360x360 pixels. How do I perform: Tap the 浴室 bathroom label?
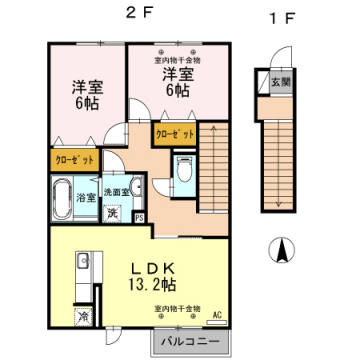pyautogui.click(x=87, y=197)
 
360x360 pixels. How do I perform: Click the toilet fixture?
pyautogui.click(x=183, y=169)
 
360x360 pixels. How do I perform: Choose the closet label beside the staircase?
pyautogui.click(x=173, y=132)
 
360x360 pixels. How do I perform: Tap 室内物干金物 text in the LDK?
pyautogui.click(x=178, y=308)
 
